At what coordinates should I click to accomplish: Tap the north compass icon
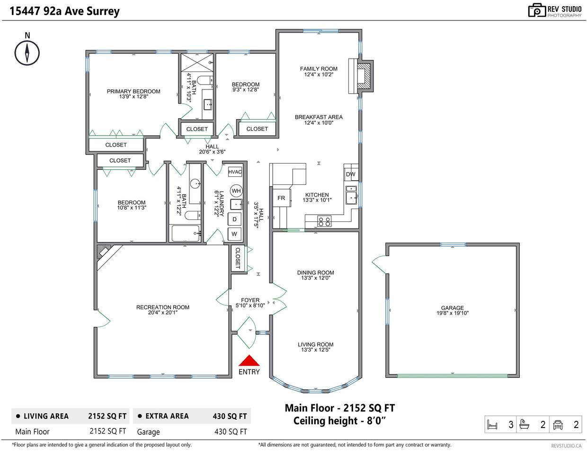27,53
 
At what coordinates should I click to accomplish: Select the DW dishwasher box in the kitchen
351,174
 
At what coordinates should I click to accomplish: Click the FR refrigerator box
282,198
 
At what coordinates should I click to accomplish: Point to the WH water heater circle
236,191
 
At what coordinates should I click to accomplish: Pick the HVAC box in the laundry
235,172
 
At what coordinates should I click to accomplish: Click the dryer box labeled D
234,219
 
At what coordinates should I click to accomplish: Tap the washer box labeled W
234,234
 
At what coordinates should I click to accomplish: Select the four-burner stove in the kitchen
324,221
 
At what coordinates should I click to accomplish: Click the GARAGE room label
452,308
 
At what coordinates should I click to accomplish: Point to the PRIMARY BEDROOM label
133,91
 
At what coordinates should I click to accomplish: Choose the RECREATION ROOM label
163,307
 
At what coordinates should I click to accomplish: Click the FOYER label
250,300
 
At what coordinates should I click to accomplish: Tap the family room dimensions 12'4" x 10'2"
319,74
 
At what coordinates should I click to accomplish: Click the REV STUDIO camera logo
537,10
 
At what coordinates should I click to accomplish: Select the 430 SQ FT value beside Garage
231,432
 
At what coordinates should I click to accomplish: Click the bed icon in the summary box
492,425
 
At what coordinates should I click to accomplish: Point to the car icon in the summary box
558,425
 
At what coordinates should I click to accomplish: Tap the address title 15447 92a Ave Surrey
64,11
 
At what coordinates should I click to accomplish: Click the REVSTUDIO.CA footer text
566,446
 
